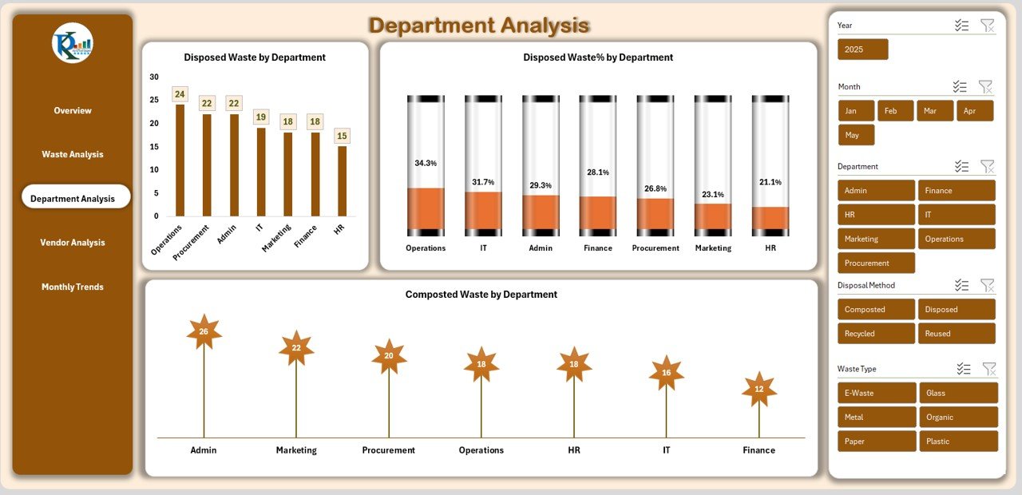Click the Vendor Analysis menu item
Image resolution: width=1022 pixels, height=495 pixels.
(x=73, y=243)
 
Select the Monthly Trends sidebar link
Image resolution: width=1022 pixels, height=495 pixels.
(x=73, y=287)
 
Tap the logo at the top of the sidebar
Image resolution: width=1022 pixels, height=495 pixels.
(x=73, y=43)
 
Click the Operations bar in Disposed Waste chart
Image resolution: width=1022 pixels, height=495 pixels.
(x=180, y=160)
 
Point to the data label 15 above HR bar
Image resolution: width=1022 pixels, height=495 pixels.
(x=342, y=136)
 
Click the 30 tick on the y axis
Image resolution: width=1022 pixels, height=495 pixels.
(x=154, y=77)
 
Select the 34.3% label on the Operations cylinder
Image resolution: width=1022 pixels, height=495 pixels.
(x=426, y=163)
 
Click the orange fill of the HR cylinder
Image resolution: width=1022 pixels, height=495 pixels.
(x=770, y=218)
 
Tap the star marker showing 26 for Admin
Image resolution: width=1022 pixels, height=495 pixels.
(x=204, y=331)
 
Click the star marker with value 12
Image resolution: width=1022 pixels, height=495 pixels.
(x=759, y=389)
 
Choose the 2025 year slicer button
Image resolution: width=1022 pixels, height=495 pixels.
(x=862, y=49)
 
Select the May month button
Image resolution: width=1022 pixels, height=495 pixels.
(x=856, y=135)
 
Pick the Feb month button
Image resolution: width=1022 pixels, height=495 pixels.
(x=895, y=111)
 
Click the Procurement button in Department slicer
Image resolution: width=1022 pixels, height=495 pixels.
(x=876, y=263)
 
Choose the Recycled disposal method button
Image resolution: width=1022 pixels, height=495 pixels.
(x=876, y=334)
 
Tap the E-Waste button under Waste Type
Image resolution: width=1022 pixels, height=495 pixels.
(x=876, y=393)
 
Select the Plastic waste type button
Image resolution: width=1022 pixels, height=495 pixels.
(x=958, y=442)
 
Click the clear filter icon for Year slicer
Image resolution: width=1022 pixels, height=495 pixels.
(x=988, y=26)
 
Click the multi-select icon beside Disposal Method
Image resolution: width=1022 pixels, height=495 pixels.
(x=961, y=285)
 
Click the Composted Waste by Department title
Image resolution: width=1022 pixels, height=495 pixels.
(x=481, y=295)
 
